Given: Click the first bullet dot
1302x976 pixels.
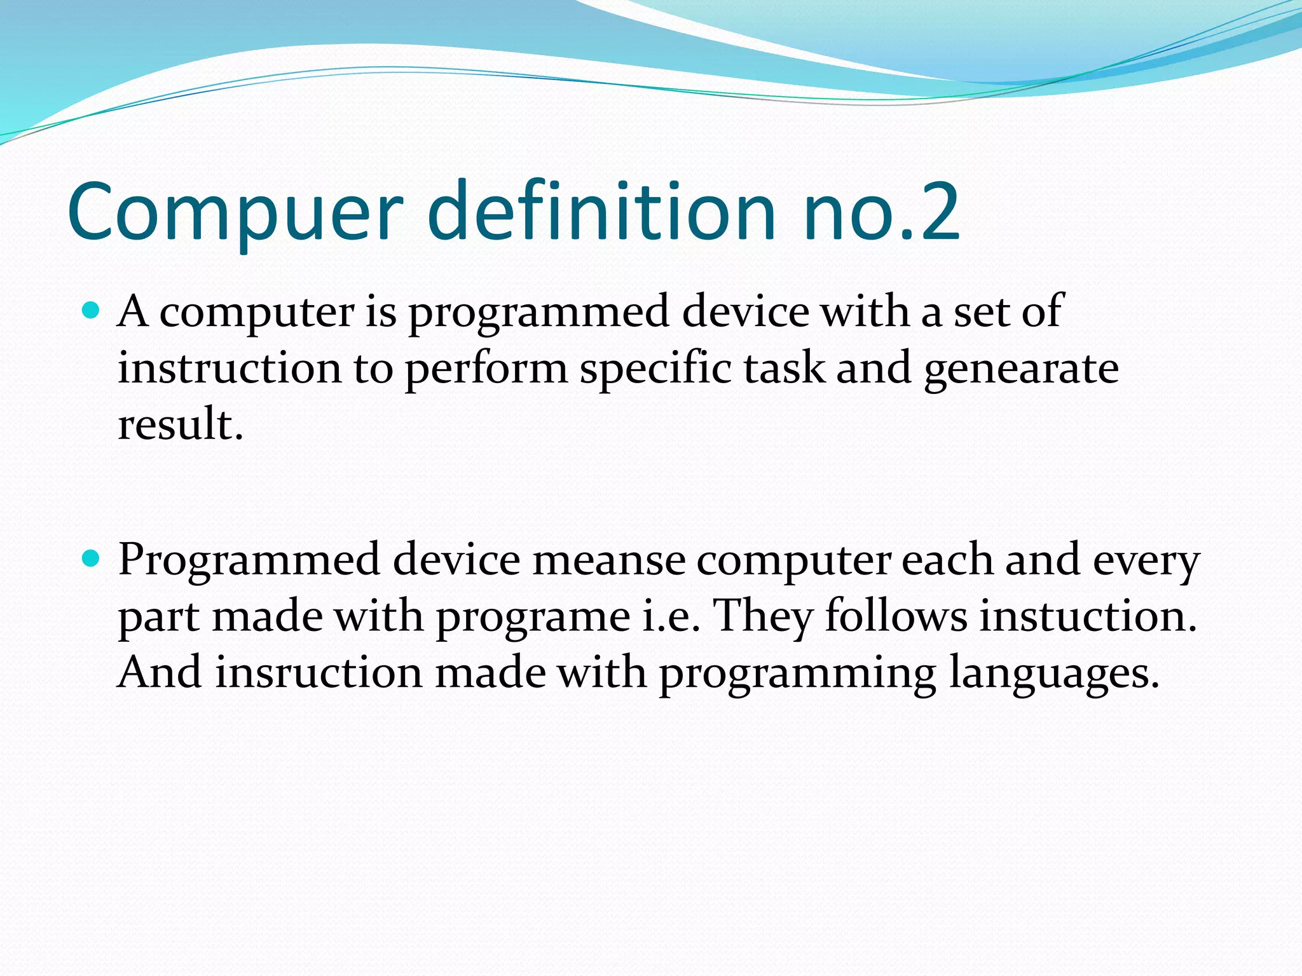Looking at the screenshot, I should (92, 311).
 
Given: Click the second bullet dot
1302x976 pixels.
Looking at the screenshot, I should (92, 559).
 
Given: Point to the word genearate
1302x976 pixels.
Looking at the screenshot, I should (1021, 369).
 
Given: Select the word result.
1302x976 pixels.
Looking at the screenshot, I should (181, 424).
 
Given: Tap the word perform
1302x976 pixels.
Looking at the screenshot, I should (486, 369).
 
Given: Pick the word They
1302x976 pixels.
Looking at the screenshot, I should (763, 616).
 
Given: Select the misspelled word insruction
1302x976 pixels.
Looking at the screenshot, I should (319, 672).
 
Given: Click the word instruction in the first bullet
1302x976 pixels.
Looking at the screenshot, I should (230, 368).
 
